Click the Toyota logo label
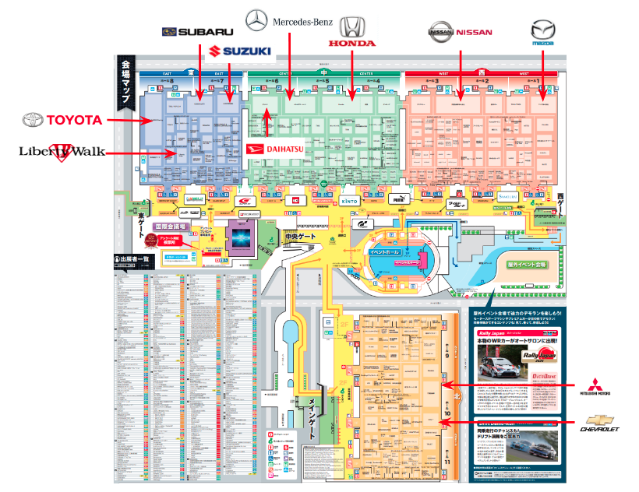tap(62, 120)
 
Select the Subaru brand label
tap(199, 31)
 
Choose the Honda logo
tap(352, 33)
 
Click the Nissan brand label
tap(461, 32)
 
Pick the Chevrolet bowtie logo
tap(600, 423)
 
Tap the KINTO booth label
tap(348, 200)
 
